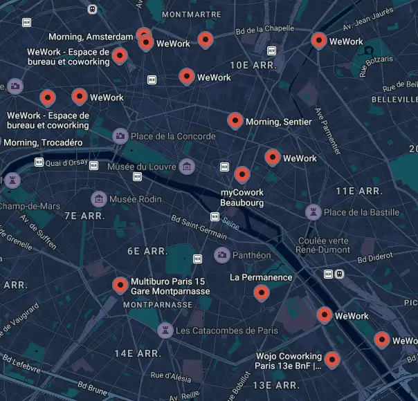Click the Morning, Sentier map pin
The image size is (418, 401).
pos(235,120)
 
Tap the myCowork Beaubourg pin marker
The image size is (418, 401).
pos(242,174)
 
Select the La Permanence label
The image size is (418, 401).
pos(261,277)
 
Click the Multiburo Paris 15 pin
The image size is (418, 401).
pos(120,284)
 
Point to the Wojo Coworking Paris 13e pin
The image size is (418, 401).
pos(332,359)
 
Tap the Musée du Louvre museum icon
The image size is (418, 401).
pos(186,166)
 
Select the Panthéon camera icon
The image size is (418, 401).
pos(221,255)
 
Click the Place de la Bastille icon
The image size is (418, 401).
pos(314,212)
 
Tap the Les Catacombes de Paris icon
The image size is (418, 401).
pos(165,330)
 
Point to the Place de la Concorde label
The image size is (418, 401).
pos(173,136)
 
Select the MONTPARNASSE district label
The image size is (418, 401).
pos(158,304)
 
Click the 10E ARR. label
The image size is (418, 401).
pos(253,65)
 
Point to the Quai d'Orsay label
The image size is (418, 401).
pos(66,163)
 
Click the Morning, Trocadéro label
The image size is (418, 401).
pos(43,142)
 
